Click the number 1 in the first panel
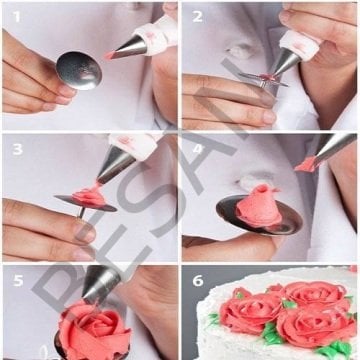tap(15, 14)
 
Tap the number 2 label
tap(197, 14)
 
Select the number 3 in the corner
tap(15, 148)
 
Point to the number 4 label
tap(197, 148)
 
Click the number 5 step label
tap(15, 280)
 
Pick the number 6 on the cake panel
tap(197, 281)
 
